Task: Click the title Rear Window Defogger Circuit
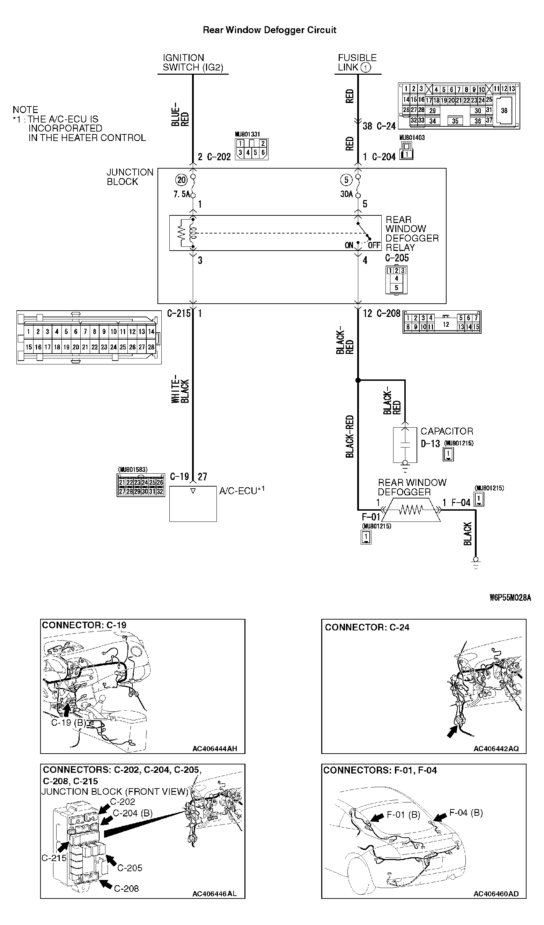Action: coord(270,30)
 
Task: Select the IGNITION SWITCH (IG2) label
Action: coord(193,63)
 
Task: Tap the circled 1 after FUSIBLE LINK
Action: coord(366,67)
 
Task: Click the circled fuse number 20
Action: coord(181,180)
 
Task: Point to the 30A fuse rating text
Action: coord(346,194)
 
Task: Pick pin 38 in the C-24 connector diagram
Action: coord(504,111)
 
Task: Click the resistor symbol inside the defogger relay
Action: coord(181,233)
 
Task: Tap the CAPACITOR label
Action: coord(446,431)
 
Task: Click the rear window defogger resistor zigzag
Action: coord(411,510)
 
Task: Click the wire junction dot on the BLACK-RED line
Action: coord(358,380)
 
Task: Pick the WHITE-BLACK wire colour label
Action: coord(180,389)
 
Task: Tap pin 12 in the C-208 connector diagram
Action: coord(446,325)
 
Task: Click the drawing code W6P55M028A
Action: coord(510,598)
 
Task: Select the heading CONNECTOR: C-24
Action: coord(367,627)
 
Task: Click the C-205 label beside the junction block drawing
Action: coord(130,868)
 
